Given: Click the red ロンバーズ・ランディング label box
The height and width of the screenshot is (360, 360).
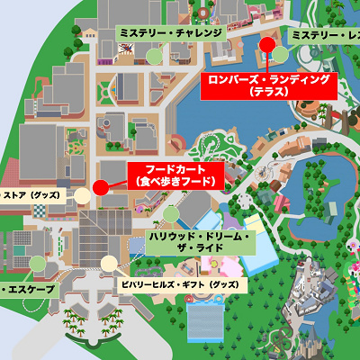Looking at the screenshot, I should tap(268, 85).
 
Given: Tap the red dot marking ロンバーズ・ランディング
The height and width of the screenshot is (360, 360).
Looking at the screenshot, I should tap(266, 44).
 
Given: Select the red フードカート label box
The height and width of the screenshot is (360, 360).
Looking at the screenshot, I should tap(176, 175).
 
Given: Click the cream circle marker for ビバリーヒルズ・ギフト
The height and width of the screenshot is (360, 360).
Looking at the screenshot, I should tap(109, 264).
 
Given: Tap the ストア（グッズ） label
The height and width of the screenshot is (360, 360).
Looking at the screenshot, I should tap(32, 193).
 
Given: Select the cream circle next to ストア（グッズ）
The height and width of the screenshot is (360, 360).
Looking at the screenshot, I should tap(82, 194).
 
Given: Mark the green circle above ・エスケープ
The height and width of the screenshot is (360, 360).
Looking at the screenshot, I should tap(37, 264).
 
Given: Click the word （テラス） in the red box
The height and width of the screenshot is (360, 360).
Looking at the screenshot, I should tap(268, 92).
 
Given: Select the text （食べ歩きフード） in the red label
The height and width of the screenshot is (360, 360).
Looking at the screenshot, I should tap(176, 182).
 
